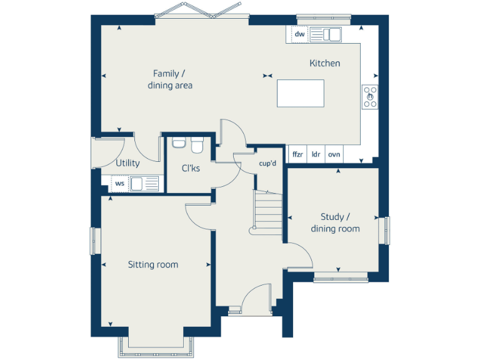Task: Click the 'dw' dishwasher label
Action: [x=299, y=34]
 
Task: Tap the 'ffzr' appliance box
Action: [x=297, y=154]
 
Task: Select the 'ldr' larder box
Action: [x=316, y=154]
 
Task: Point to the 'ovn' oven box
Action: [x=334, y=154]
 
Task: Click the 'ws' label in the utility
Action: [x=119, y=184]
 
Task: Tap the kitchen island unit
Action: [x=301, y=94]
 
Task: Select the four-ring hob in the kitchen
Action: [x=370, y=97]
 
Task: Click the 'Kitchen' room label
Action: [x=325, y=63]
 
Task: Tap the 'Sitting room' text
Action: [x=153, y=265]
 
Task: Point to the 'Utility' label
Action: [x=127, y=164]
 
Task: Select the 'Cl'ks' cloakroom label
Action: [x=191, y=168]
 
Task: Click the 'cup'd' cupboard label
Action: [x=267, y=164]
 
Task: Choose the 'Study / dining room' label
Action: [x=335, y=222]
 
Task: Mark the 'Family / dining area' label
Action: [x=170, y=79]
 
